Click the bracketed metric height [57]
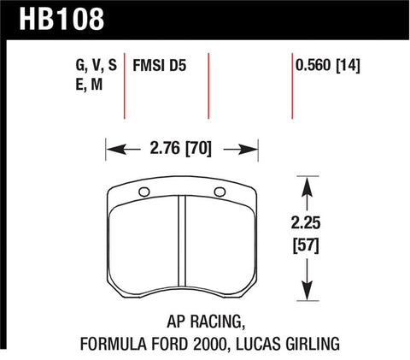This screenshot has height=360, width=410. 307,251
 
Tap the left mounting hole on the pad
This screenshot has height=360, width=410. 143,191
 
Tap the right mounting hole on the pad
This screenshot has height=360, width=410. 220,191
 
